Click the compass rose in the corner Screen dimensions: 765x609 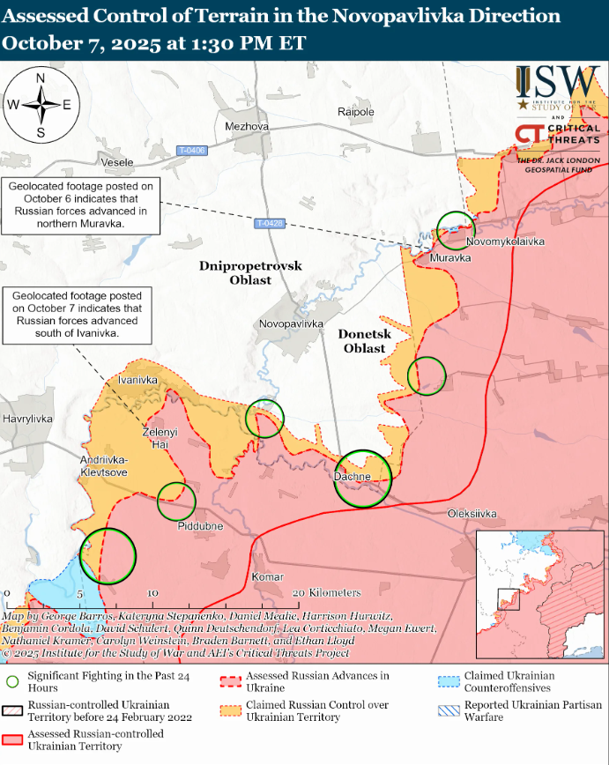pyautogui.click(x=41, y=105)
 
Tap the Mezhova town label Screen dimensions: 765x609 pyautogui.click(x=247, y=127)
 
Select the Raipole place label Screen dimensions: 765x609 pyautogui.click(x=356, y=112)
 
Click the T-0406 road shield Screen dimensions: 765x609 pyautogui.click(x=190, y=151)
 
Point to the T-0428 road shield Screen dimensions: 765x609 pyautogui.click(x=271, y=224)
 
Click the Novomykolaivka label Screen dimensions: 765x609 pyautogui.click(x=505, y=241)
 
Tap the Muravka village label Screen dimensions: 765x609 pyautogui.click(x=450, y=257)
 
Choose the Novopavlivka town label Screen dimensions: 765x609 pyautogui.click(x=293, y=324)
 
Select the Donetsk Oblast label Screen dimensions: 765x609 pyautogui.click(x=365, y=341)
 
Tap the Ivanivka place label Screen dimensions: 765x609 pyautogui.click(x=137, y=379)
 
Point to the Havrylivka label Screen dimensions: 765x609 pyautogui.click(x=28, y=418)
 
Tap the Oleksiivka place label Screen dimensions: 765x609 pyautogui.click(x=472, y=514)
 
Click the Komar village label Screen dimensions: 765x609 pyautogui.click(x=268, y=576)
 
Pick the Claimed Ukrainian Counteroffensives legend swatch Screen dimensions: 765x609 pyautogui.click(x=449, y=681)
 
